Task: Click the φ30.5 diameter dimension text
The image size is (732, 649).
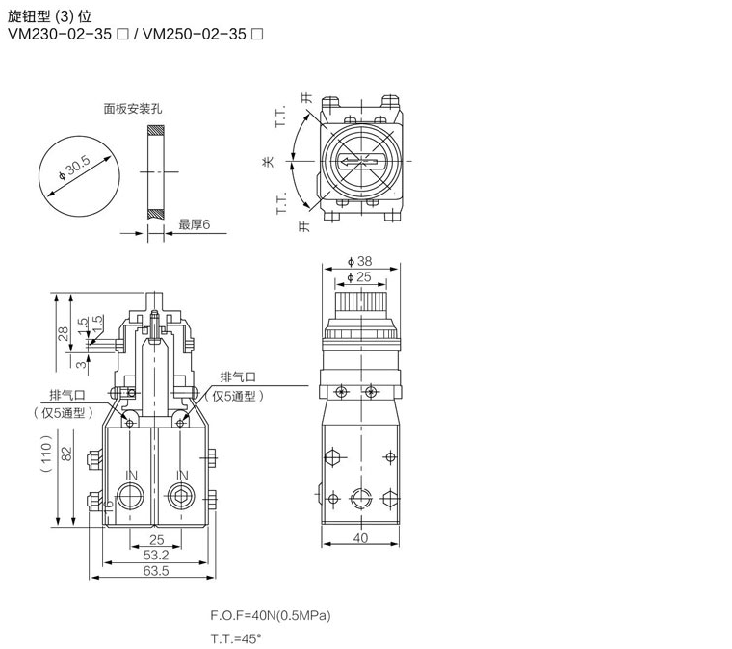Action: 74,169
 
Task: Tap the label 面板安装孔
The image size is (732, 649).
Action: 133,109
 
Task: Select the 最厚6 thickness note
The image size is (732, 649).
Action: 195,224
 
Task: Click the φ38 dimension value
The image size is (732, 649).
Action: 359,261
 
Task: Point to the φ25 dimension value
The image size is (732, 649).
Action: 359,277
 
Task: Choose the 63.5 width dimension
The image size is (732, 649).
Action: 156,571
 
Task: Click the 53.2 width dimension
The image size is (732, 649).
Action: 156,556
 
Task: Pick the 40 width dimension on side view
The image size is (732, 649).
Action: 360,538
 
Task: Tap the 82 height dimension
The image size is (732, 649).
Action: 66,454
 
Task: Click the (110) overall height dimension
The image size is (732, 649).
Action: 46,454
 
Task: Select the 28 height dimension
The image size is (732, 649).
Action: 64,333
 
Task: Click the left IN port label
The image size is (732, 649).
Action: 131,476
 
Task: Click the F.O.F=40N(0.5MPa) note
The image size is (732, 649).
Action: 271,616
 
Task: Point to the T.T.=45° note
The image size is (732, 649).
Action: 236,638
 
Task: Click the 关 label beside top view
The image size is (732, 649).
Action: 268,162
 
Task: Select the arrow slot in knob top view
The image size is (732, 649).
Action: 360,162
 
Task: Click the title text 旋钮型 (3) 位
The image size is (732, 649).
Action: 50,16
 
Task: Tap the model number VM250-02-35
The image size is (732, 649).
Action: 195,34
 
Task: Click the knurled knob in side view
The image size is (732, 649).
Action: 360,304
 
